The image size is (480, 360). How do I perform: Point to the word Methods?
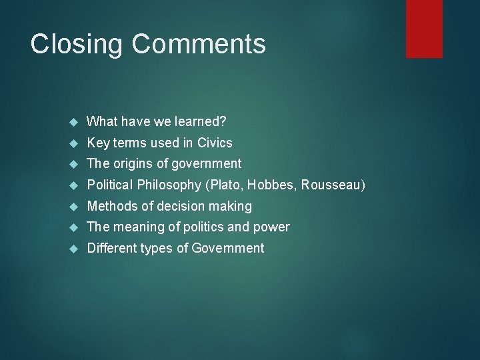tap(111, 206)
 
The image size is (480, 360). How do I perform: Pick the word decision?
tap(179, 206)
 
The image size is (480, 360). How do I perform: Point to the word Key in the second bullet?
tap(97, 143)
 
